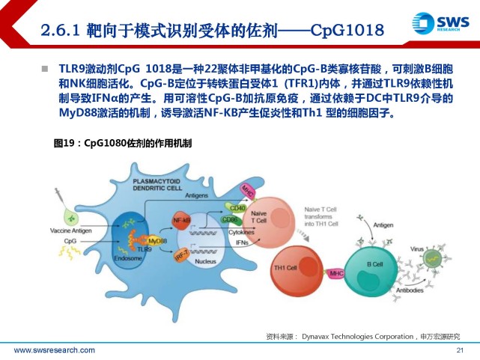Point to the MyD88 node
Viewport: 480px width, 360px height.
coord(157,242)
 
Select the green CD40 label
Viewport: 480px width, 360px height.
coord(237,208)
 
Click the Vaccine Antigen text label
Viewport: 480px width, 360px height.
coord(70,231)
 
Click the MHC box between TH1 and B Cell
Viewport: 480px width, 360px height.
coord(336,273)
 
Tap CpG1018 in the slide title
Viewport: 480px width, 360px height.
coord(341,30)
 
